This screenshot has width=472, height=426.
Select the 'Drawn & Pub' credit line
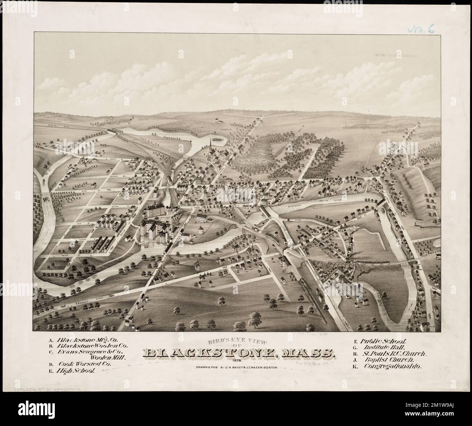237,367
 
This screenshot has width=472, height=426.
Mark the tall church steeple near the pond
210,145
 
